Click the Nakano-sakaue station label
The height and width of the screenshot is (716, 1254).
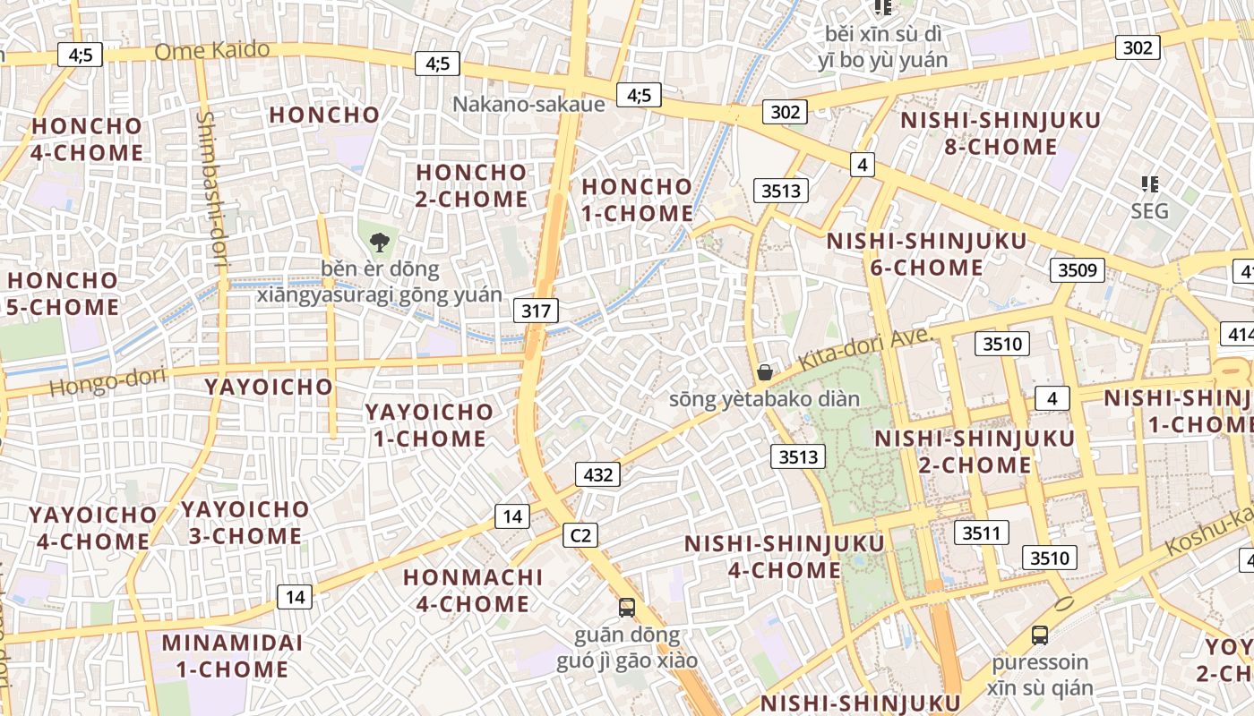tap(528, 104)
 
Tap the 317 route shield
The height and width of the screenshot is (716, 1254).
tap(536, 311)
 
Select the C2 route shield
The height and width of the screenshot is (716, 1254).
tap(580, 535)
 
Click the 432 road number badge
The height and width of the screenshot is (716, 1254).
tap(597, 474)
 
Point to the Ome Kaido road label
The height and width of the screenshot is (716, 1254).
tap(211, 51)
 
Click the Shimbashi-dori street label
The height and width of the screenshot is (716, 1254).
tap(213, 190)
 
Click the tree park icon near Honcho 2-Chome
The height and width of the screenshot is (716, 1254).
tap(380, 242)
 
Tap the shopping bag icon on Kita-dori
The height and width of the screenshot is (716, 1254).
tap(765, 372)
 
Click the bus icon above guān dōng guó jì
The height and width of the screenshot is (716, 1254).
tap(627, 608)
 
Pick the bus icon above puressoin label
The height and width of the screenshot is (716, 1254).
tap(1040, 635)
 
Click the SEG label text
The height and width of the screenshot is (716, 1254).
tap(1149, 211)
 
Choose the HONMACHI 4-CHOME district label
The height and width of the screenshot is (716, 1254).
tap(472, 590)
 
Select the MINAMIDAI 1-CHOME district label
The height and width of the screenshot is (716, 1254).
tap(231, 655)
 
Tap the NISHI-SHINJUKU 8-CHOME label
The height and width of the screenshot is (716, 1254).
tap(1000, 132)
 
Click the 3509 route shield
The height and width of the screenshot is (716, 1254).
tap(1078, 269)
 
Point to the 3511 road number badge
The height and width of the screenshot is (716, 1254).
tap(981, 533)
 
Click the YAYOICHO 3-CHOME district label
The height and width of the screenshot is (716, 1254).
tap(245, 523)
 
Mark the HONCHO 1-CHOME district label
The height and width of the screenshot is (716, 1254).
tap(637, 200)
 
